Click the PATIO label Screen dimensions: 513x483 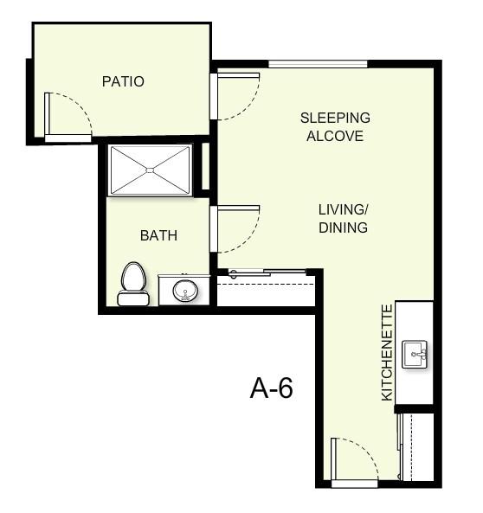click(x=122, y=82)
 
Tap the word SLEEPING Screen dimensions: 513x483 click(x=335, y=118)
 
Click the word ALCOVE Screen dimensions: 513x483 click(x=335, y=137)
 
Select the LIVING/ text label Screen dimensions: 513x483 click(x=343, y=209)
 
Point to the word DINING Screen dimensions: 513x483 click(x=343, y=228)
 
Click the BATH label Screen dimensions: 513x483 click(x=158, y=235)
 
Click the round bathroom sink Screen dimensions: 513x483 click(x=185, y=290)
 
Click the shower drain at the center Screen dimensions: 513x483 click(x=151, y=170)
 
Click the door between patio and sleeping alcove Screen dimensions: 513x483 click(x=235, y=96)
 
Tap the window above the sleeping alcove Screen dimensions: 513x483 click(x=318, y=63)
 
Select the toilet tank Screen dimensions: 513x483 click(x=132, y=299)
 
